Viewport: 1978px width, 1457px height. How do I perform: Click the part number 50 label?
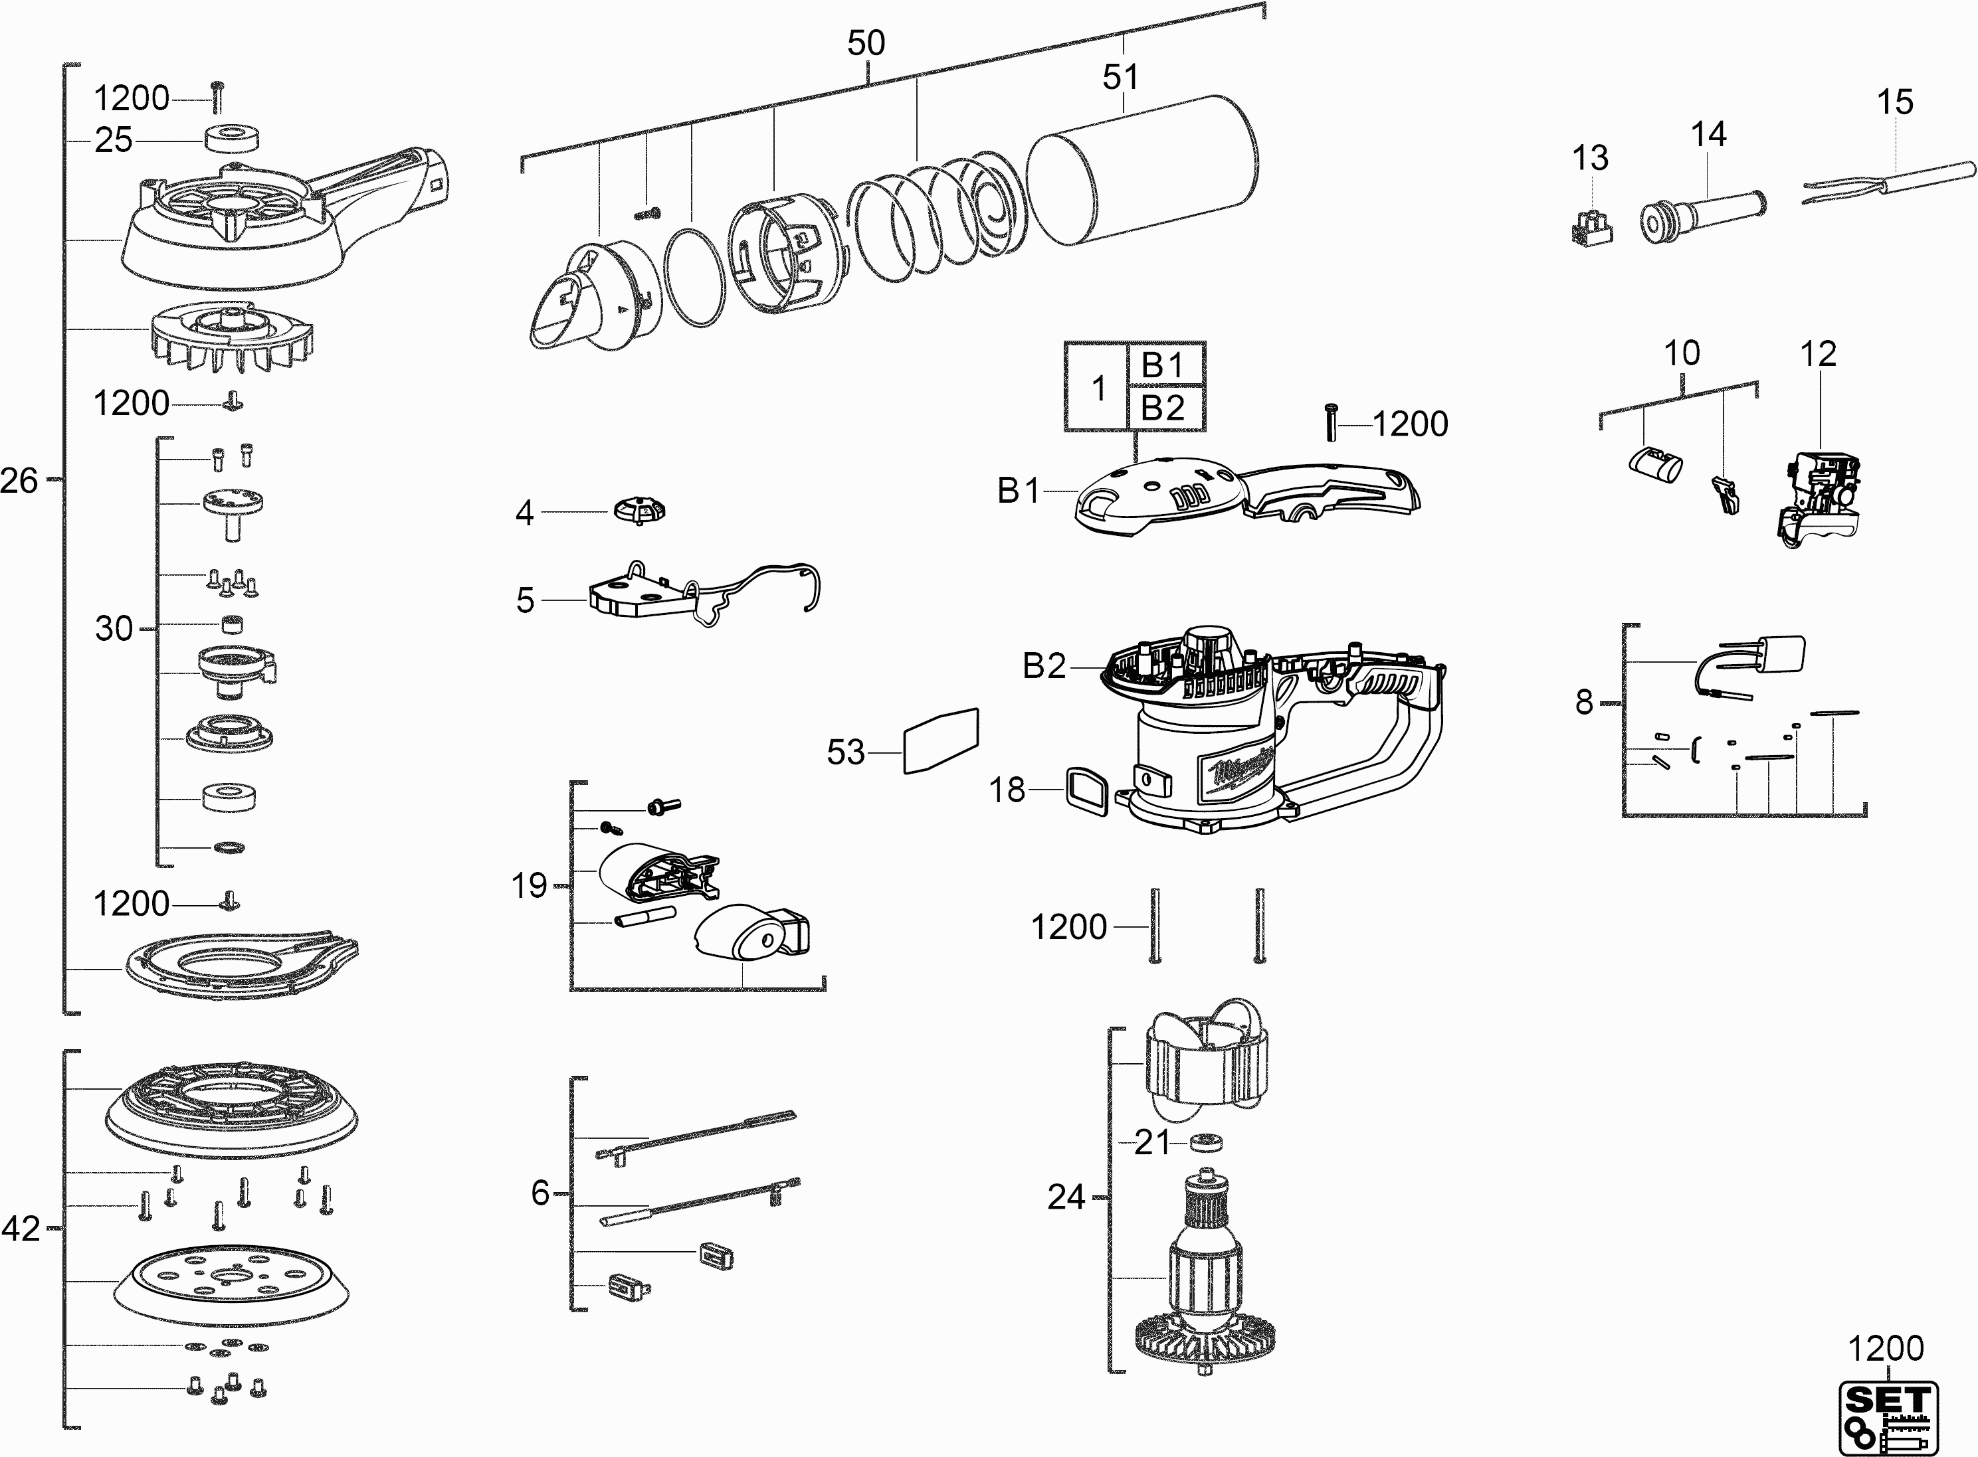tap(866, 43)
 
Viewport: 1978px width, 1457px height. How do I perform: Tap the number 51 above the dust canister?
tap(1120, 78)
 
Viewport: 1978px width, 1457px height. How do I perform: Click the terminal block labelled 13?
tap(1593, 228)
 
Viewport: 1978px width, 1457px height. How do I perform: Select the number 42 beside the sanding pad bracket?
tap(21, 1229)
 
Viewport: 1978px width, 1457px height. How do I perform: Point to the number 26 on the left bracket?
tap(19, 481)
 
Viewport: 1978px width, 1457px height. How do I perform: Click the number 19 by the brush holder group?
tap(530, 885)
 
